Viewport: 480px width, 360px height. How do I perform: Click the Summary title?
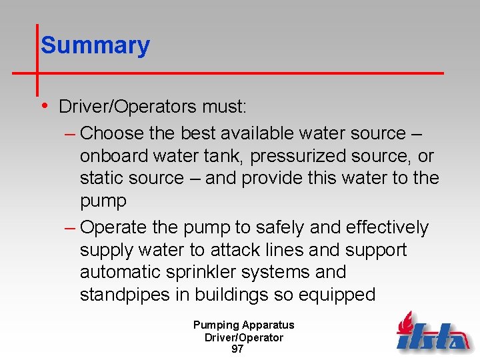tap(95, 45)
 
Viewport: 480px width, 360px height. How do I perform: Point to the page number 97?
tap(237, 349)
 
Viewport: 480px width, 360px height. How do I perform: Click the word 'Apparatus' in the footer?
tap(268, 325)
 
